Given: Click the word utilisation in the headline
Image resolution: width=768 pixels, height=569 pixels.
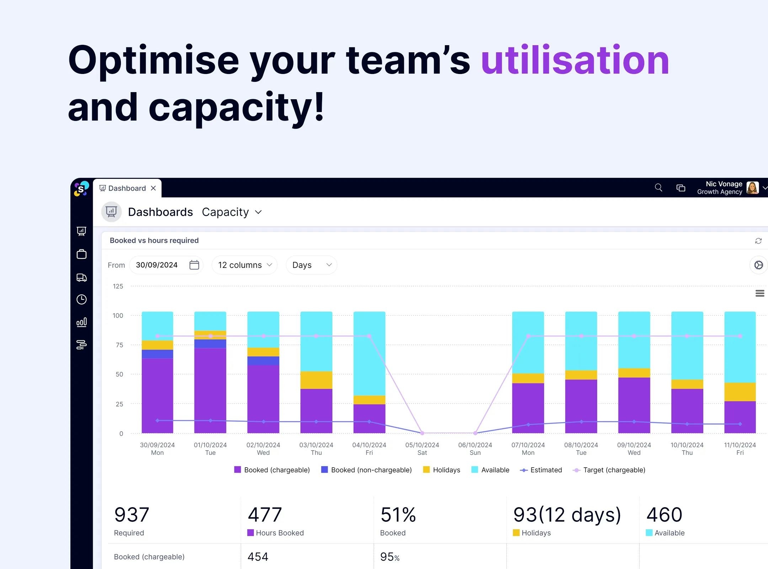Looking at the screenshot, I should click(575, 60).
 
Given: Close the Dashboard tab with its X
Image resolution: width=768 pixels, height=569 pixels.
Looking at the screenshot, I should click(153, 188).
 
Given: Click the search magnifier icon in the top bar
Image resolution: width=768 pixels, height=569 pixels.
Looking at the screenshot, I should click(658, 187).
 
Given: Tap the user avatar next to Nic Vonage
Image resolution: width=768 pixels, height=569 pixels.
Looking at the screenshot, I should click(752, 187).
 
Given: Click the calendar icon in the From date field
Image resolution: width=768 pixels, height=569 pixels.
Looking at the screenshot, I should click(194, 265).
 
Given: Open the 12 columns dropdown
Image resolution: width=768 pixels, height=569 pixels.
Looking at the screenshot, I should click(245, 265).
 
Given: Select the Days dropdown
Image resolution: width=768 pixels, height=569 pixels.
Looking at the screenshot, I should click(311, 265).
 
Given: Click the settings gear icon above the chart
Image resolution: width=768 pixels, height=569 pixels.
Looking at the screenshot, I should click(758, 265).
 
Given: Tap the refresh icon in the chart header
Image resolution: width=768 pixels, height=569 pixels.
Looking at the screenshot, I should click(758, 241).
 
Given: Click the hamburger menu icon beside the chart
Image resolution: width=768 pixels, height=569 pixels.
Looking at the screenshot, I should click(760, 293).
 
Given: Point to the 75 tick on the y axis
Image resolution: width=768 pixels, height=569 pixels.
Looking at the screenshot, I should click(119, 345).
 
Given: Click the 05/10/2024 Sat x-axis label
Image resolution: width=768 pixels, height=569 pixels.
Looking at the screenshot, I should click(422, 448).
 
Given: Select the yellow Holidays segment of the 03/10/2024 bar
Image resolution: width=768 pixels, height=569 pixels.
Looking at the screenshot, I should click(316, 380).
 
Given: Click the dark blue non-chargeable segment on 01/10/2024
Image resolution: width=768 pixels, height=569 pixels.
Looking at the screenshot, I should click(210, 344).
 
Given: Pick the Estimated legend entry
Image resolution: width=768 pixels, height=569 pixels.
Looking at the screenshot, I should click(541, 470).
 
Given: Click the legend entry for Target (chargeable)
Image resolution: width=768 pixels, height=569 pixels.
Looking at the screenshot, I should click(609, 470).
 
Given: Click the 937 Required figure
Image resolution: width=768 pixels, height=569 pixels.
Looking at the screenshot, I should click(132, 515).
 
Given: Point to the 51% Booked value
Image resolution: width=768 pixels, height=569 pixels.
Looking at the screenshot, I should click(398, 515).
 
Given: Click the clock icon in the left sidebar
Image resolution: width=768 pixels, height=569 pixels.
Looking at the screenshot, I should click(81, 299).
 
